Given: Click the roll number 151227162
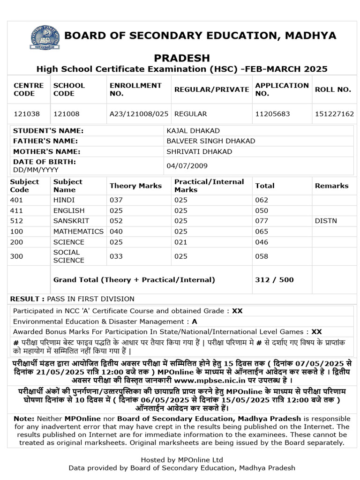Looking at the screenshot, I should pos(334,114).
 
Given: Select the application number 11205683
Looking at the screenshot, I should pos(272,114).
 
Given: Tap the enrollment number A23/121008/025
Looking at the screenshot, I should pos(139,114).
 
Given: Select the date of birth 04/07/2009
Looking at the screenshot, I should pos(187,165).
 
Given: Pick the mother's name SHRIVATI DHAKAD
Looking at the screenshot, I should pos(199,151).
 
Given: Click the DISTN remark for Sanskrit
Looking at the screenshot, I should pos(326,221).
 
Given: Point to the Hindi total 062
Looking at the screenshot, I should pos(262,200).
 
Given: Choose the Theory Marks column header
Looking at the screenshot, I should pos(135,186).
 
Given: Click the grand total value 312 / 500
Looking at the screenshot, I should pos(274,280).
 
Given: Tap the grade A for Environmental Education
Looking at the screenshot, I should pos(195,322).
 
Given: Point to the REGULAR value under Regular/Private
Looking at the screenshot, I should pos(190,114).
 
